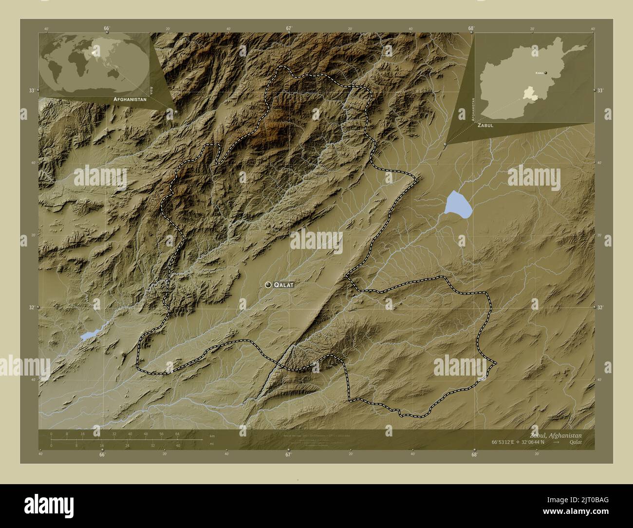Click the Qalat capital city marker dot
point(268,284)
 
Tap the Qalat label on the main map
point(284,285)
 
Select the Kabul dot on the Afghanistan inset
point(546,73)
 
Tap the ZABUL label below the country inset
point(485,125)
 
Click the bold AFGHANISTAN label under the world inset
point(130,99)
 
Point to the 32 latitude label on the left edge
point(31,307)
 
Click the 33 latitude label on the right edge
point(600,91)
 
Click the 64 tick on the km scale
point(177,434)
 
